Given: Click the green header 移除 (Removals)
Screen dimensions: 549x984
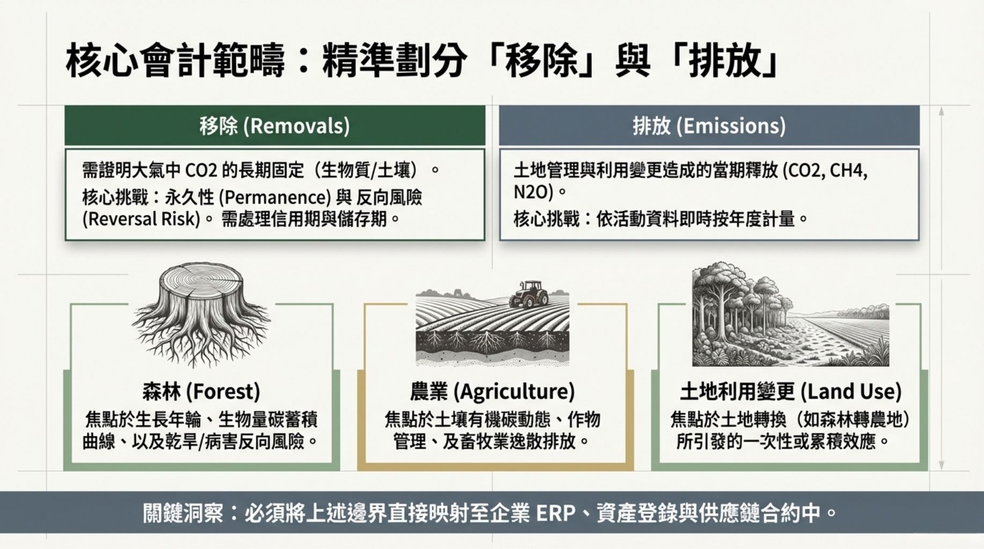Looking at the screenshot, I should point(275,126).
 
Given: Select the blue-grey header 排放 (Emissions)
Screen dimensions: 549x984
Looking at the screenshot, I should point(709,126).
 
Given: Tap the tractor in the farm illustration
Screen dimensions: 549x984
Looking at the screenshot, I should point(528,294).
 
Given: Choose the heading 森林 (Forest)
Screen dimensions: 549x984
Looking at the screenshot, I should point(201,391).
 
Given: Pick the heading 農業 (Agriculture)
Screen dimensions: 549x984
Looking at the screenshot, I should point(492,391).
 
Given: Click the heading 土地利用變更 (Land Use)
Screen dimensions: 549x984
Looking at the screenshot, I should point(790,391).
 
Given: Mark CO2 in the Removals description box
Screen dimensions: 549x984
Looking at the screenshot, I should point(201,170).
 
